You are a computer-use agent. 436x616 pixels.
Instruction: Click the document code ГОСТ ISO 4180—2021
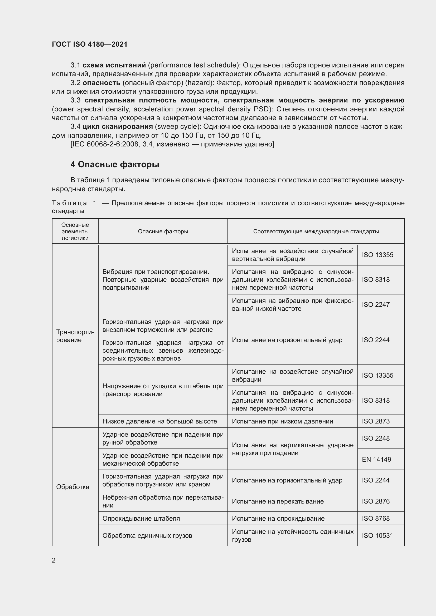click(89, 44)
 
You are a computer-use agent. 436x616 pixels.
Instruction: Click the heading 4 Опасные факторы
click(115, 164)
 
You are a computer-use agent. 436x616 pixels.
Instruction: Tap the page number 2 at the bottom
click(54, 560)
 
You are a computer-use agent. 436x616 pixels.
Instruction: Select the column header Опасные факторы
click(163, 231)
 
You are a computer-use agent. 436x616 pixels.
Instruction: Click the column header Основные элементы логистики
click(75, 231)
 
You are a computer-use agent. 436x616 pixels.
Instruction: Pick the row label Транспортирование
click(75, 336)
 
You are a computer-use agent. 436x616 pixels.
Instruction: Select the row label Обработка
click(72, 487)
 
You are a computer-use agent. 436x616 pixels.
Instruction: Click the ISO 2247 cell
click(375, 304)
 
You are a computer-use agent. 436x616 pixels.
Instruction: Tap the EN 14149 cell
click(376, 459)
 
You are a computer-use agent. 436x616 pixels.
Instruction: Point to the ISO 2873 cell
click(375, 421)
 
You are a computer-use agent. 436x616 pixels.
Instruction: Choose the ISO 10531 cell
click(377, 535)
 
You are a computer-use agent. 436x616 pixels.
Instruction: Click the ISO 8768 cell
click(375, 518)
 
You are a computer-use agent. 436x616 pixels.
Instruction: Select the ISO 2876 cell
click(375, 501)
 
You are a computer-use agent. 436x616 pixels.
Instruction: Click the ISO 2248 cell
click(375, 438)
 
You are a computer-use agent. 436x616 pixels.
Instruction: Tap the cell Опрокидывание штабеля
click(141, 518)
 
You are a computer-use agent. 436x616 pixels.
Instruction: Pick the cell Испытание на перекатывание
click(278, 501)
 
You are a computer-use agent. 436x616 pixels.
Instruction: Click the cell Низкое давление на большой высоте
click(159, 421)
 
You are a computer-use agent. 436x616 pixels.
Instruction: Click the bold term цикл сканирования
click(118, 126)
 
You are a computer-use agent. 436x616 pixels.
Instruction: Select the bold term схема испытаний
click(114, 65)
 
